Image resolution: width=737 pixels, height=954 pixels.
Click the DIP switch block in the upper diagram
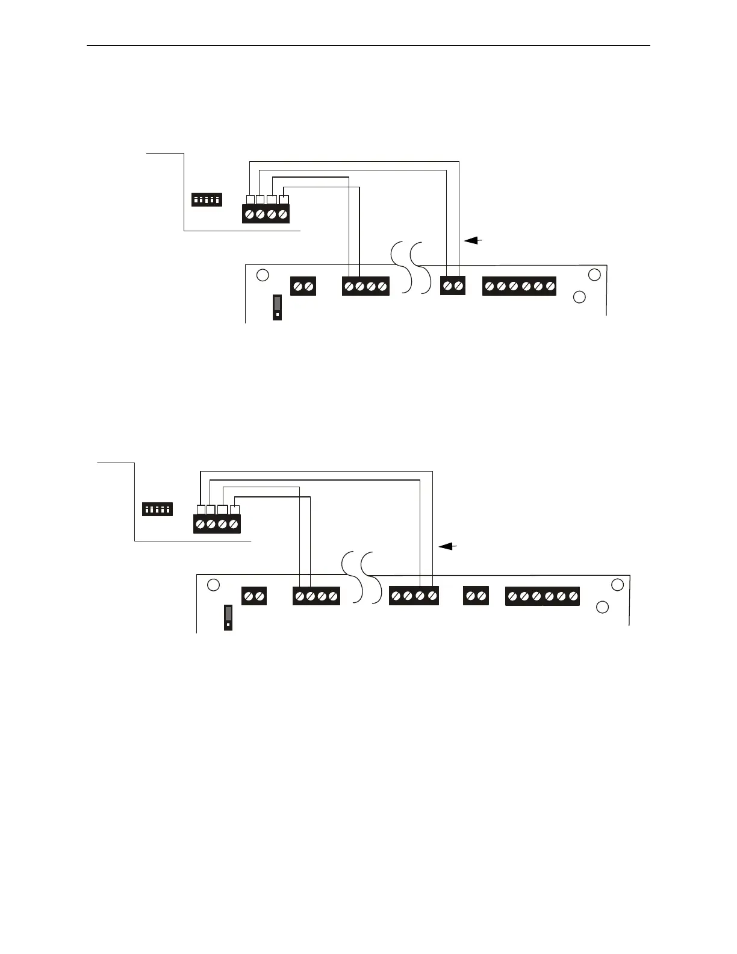click(x=207, y=199)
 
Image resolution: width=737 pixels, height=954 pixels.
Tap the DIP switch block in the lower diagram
click(x=157, y=509)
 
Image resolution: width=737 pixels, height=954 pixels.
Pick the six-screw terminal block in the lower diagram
click(x=542, y=596)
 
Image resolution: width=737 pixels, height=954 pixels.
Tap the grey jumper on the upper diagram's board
click(x=277, y=307)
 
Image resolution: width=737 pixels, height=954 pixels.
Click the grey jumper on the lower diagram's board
click(x=228, y=617)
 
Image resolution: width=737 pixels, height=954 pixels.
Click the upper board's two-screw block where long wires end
click(x=453, y=286)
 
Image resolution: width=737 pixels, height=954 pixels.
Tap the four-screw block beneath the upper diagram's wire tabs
click(x=266, y=214)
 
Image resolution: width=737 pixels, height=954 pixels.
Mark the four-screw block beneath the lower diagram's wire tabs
click(x=217, y=524)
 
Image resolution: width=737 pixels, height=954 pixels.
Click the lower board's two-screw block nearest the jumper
click(x=254, y=596)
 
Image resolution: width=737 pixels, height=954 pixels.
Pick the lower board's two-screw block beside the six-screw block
click(x=476, y=596)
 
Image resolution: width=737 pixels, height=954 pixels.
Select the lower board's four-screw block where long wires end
click(x=414, y=596)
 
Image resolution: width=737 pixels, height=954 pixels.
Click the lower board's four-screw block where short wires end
click(x=316, y=596)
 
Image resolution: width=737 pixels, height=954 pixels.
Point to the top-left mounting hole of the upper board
click(x=263, y=275)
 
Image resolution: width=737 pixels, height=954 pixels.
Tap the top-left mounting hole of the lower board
click(x=213, y=585)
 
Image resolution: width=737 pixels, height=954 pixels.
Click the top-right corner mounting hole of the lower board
click(x=617, y=584)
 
